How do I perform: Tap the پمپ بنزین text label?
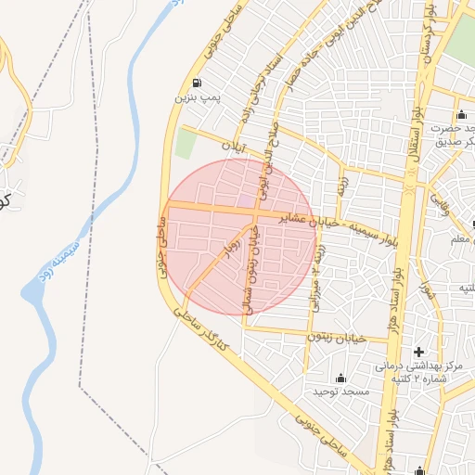[197, 96]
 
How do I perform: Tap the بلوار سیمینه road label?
[371, 229]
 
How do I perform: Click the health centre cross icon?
[419, 352]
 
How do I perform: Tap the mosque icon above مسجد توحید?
[340, 378]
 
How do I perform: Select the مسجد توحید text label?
[341, 392]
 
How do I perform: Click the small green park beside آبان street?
[186, 143]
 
